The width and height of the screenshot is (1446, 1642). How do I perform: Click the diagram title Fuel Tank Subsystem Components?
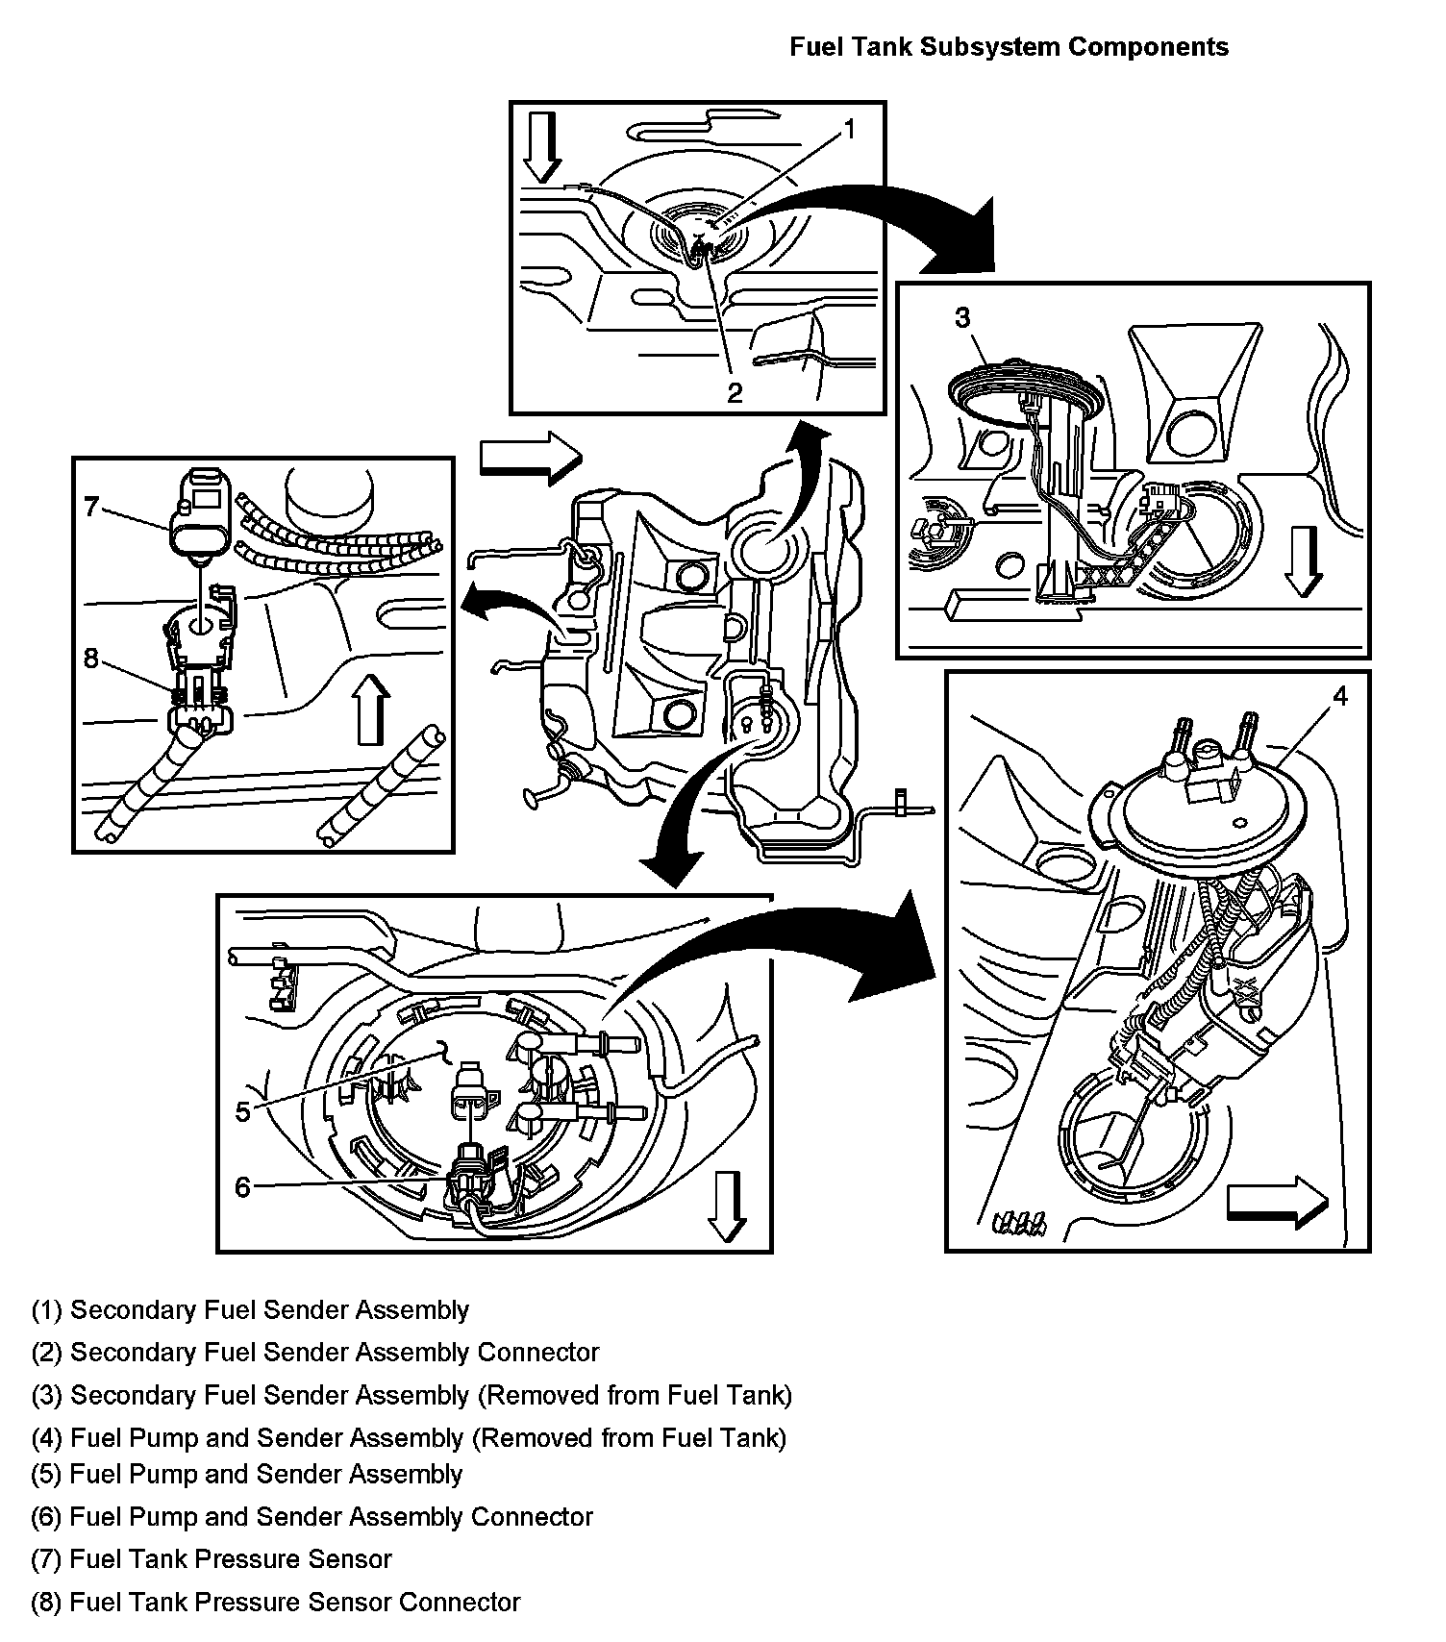point(1009,47)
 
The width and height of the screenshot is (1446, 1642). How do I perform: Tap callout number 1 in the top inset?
point(849,129)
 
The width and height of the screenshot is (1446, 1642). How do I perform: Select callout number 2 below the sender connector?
point(735,391)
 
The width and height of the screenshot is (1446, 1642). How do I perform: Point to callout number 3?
point(962,318)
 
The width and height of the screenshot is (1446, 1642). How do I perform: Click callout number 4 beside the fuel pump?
point(1339,695)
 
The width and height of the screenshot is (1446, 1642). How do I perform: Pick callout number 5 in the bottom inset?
point(243,1111)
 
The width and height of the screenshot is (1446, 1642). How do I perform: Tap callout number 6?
point(243,1187)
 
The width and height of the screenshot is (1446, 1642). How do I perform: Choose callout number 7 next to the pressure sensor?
point(92,506)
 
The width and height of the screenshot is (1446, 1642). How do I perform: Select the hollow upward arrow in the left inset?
point(372,709)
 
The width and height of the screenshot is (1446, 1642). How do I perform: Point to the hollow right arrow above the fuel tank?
point(531,456)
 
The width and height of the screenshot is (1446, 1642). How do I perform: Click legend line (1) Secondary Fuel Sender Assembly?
point(250,1309)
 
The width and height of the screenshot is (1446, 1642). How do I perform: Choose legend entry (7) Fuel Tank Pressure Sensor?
point(212,1558)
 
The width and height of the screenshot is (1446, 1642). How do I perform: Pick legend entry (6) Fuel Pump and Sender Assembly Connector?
point(312,1516)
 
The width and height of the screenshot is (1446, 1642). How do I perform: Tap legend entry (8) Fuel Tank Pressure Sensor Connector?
point(275,1602)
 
